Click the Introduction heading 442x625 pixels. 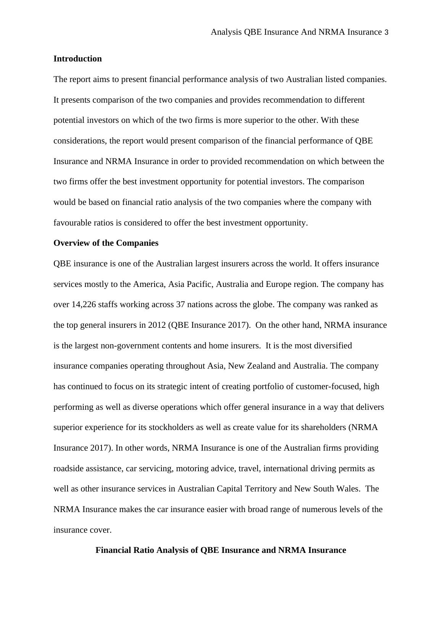(x=77, y=59)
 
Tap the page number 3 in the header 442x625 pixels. (x=386, y=32)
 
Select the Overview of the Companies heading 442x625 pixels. (x=106, y=243)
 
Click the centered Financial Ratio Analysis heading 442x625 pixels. (x=221, y=550)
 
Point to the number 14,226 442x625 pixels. (x=84, y=304)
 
